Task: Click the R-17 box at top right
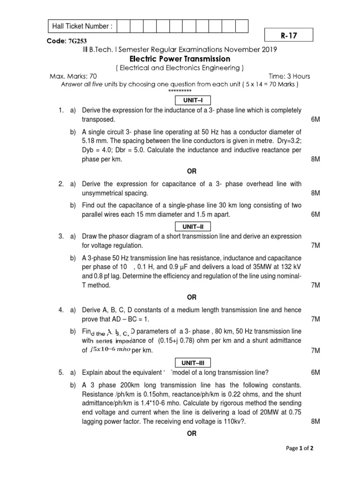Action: tap(288, 35)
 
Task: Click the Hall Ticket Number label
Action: tap(82, 26)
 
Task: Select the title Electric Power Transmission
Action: tap(180, 59)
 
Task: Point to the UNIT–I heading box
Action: tap(193, 100)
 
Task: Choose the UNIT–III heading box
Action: tap(193, 363)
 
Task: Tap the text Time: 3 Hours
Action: tap(289, 76)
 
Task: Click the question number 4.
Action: tap(61, 310)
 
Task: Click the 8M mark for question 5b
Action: tap(315, 421)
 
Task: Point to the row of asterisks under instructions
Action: tap(180, 90)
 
